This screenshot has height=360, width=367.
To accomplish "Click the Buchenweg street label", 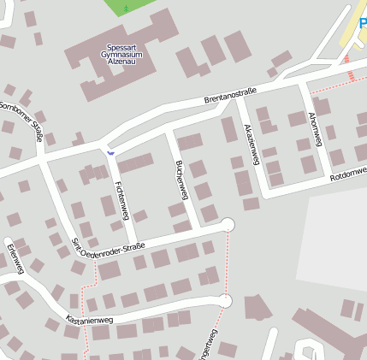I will click(181, 178).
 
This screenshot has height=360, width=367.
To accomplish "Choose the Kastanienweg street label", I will click(89, 321).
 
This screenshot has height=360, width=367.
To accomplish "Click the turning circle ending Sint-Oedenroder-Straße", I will click(227, 225).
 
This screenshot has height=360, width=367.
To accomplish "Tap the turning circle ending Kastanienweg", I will click(225, 301).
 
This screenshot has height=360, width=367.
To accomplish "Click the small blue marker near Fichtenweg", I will click(110, 151).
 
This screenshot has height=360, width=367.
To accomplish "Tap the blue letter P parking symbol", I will click(363, 23).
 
